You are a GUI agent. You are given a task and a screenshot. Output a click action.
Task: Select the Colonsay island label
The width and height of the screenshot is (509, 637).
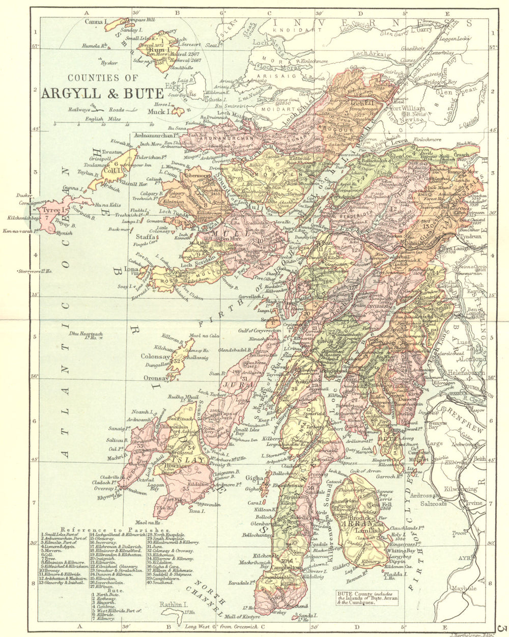155,357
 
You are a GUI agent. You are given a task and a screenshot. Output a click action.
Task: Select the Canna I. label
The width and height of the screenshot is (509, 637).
94,22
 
